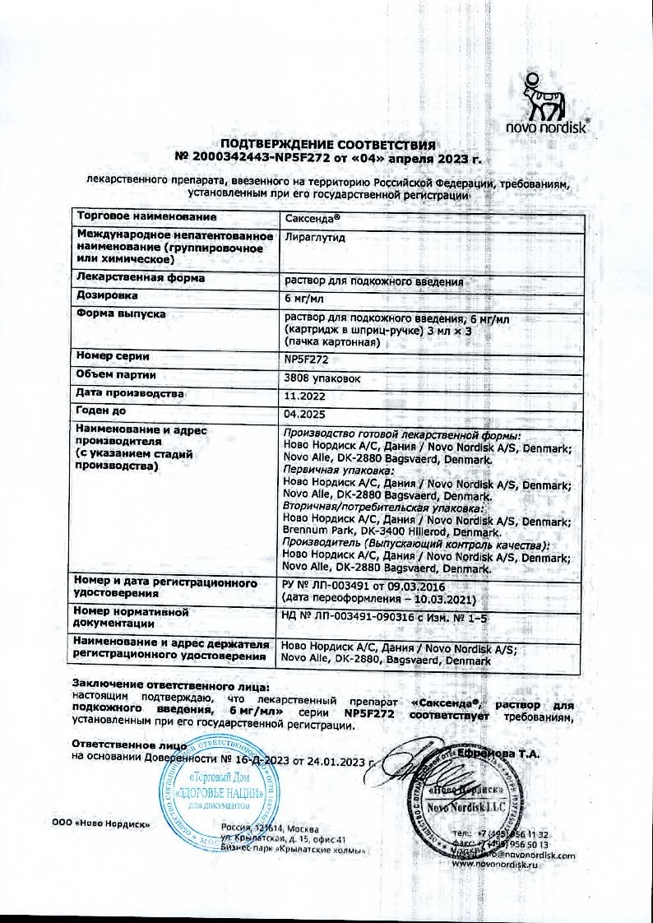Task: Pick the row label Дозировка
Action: point(107,295)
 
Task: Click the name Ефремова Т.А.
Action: point(511,752)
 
